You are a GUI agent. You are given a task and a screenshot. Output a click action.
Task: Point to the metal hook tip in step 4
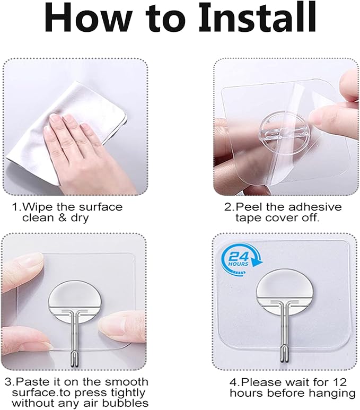coord(287,362)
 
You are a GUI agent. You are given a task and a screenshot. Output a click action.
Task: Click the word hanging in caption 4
coord(336,393)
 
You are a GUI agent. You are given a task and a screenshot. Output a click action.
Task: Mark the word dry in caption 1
coord(82,217)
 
